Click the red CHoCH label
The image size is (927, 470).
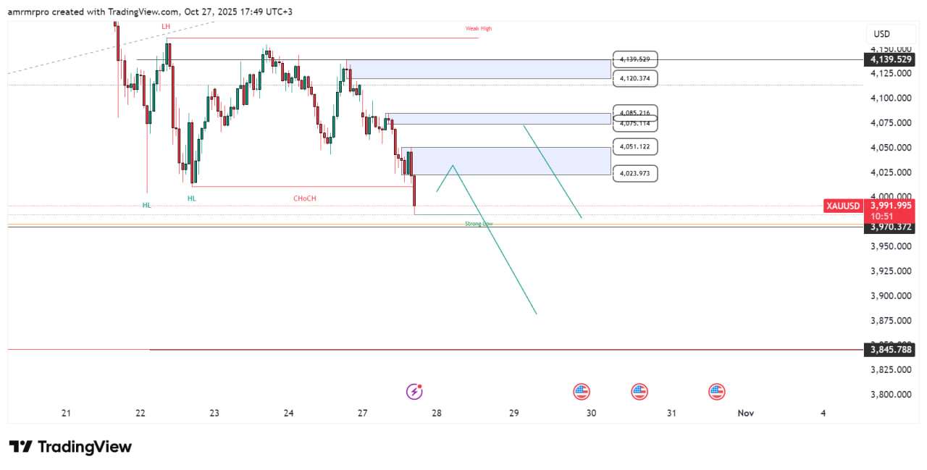(304, 198)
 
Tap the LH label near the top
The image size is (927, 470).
(166, 26)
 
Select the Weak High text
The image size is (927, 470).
(478, 28)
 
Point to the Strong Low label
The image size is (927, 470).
(479, 224)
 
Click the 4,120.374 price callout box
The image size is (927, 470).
(635, 78)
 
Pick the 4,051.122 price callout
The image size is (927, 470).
(635, 146)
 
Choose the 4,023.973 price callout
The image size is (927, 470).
(635, 173)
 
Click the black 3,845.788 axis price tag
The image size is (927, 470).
(893, 350)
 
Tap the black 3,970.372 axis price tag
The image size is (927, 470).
(893, 227)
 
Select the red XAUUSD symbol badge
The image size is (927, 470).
(844, 206)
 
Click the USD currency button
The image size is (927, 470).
(881, 34)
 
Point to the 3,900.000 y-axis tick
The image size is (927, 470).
(892, 295)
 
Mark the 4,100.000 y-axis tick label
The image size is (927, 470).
(892, 98)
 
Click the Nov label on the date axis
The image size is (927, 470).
(745, 413)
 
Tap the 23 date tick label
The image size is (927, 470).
(214, 413)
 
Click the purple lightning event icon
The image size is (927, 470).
(414, 392)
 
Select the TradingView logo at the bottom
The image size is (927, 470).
(70, 447)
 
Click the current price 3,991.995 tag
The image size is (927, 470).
(893, 206)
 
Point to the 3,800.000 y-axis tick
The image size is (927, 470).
(892, 395)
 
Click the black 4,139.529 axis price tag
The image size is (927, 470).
(893, 59)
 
